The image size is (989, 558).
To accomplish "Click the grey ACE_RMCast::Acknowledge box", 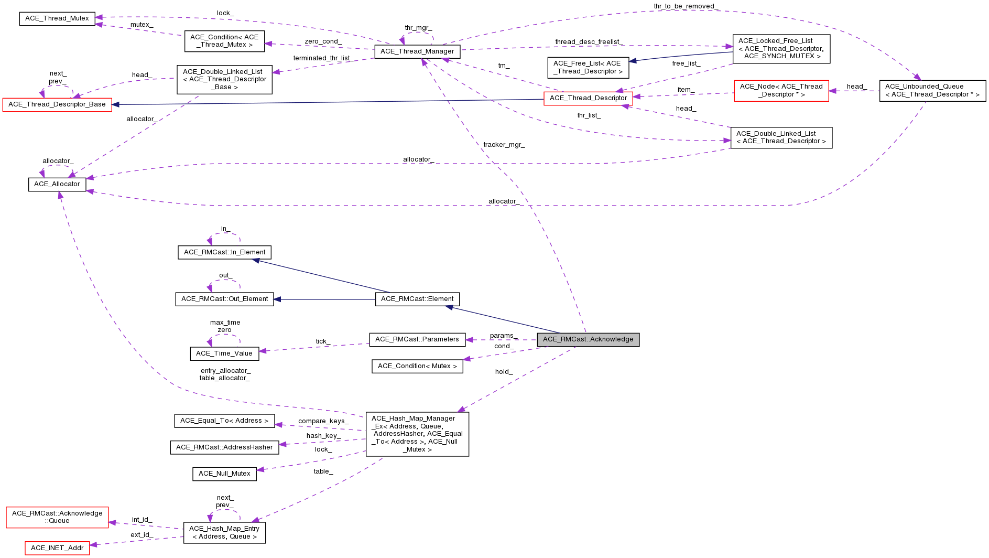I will pos(588,339).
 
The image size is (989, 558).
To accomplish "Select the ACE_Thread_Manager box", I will pos(417,51).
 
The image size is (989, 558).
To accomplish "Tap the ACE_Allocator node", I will pos(57,184).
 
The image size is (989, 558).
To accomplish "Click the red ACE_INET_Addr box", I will pos(57,548).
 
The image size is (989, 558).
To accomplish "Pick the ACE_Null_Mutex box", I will pos(224,474).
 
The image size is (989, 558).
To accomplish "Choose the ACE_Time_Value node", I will pos(224,353).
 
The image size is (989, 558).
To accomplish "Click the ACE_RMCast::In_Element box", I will pos(224,252).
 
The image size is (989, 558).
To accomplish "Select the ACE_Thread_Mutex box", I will pos(57,18).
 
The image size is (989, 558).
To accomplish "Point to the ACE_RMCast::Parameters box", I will pos(417,339).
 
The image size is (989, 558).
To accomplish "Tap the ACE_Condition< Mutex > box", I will pos(417,366).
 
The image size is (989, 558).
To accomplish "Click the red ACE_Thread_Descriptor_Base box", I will pos(57,104).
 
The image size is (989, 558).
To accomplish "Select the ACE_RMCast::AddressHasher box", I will pos(224,447).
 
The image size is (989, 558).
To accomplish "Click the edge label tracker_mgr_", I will pos(504,145).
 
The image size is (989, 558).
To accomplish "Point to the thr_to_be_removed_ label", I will pos(686,6).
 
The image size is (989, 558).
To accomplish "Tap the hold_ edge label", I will pos(504,372).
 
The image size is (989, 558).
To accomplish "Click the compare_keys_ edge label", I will pos(323,421).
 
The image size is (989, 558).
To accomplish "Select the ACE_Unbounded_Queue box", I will pos(932,91).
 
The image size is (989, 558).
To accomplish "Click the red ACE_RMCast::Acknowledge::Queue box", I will pos(57,517).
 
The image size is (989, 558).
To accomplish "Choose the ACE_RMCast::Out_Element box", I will pos(224,299).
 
